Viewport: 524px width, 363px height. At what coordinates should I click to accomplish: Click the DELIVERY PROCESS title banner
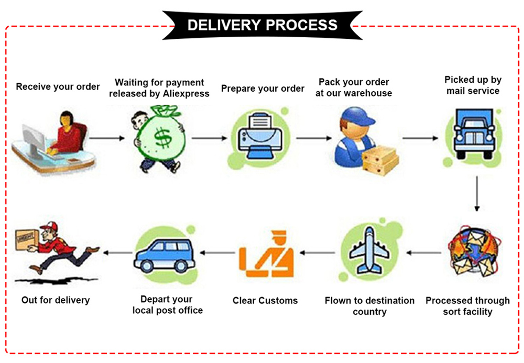click(262, 25)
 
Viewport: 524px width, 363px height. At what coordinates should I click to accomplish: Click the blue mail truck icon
click(474, 133)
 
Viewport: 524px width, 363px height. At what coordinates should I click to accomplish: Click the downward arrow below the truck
click(477, 194)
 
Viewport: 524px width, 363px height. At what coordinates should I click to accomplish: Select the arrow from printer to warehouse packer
click(314, 138)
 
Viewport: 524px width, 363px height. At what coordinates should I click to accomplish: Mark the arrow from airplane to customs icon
click(317, 253)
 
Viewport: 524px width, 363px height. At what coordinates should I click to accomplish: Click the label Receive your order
click(58, 86)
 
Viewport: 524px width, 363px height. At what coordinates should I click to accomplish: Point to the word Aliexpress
click(185, 94)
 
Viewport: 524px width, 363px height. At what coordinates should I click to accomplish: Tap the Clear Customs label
click(265, 301)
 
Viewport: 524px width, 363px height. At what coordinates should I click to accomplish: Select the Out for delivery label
click(56, 300)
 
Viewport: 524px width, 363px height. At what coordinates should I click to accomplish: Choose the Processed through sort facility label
click(467, 306)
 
